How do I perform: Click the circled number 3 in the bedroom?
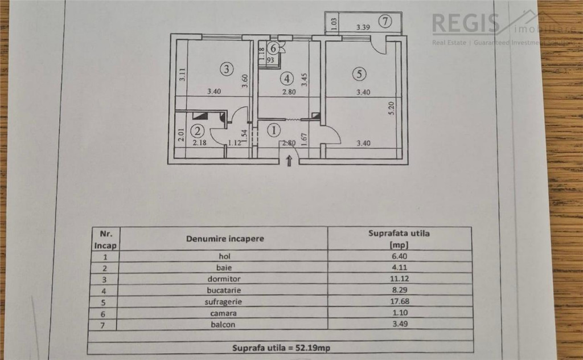(227, 69)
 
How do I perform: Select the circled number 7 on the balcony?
(386, 22)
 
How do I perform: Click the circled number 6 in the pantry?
(274, 48)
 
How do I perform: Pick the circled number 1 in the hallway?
(274, 130)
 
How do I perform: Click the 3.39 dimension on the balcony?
(363, 27)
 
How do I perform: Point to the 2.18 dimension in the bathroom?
(199, 143)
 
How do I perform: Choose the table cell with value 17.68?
(399, 302)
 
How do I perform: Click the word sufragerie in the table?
(224, 302)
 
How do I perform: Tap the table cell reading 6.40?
(399, 256)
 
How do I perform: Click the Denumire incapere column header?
(224, 239)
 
